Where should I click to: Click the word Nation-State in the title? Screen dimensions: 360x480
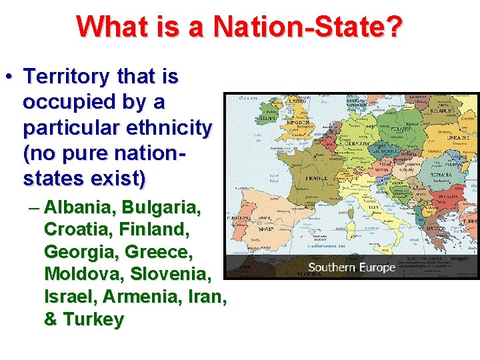(x=307, y=27)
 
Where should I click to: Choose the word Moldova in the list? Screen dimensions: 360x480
(x=83, y=274)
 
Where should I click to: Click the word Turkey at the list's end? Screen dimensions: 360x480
(x=93, y=319)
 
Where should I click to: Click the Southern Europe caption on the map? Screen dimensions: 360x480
(x=351, y=267)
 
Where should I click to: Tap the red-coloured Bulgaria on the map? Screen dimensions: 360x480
(x=437, y=201)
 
